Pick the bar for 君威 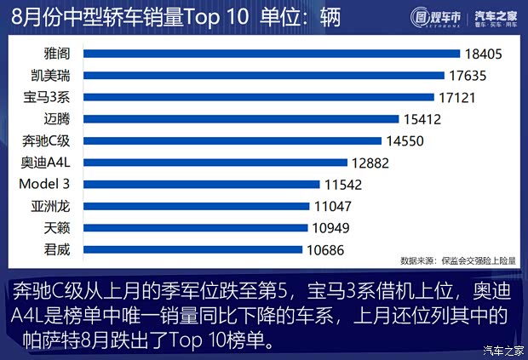[194, 249]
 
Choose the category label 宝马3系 [54, 97]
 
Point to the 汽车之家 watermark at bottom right [500, 350]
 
